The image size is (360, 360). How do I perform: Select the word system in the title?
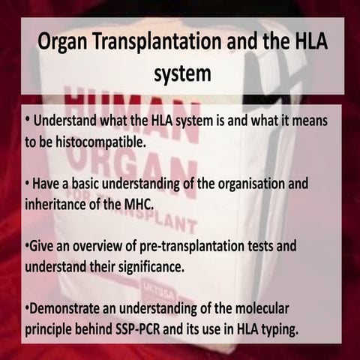tap(180, 75)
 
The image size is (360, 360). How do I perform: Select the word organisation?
tap(248, 185)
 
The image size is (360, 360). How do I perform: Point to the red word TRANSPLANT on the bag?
tap(161, 223)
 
